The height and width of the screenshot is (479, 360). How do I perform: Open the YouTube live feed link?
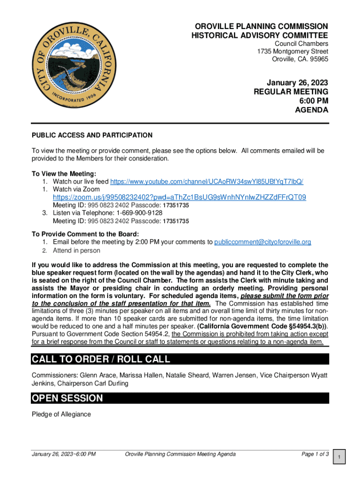pyautogui.click(x=209, y=181)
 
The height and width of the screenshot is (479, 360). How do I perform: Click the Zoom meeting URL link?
pyautogui.click(x=180, y=197)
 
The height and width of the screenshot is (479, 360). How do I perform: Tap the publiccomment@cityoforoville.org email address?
pyautogui.click(x=262, y=242)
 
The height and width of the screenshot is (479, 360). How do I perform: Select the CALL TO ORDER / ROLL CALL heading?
pyautogui.click(x=101, y=359)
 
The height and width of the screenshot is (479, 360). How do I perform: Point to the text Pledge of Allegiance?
pyautogui.click(x=61, y=414)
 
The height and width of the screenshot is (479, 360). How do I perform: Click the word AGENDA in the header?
pyautogui.click(x=311, y=110)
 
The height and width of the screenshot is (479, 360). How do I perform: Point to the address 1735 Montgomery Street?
pyautogui.click(x=293, y=51)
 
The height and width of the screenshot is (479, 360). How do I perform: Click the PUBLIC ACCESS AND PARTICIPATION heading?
pyautogui.click(x=92, y=135)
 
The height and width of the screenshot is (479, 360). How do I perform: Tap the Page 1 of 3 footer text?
pyautogui.click(x=315, y=454)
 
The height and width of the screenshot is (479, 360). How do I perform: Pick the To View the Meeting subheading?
pyautogui.click(x=64, y=174)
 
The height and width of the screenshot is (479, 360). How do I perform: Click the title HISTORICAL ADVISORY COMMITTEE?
pyautogui.click(x=259, y=36)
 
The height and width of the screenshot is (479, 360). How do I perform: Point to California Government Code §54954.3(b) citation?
pyautogui.click(x=262, y=326)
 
